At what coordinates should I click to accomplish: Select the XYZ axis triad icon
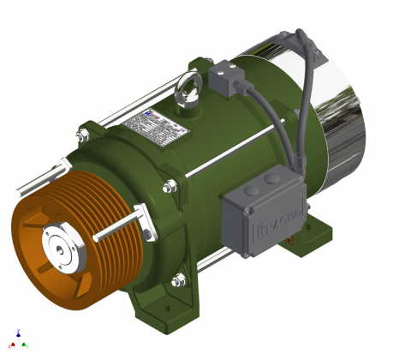pos(19,339)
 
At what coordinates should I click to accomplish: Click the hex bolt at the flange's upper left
pos(84,133)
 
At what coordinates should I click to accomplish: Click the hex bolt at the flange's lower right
pos(177,279)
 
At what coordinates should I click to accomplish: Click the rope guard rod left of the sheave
pos(34,181)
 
